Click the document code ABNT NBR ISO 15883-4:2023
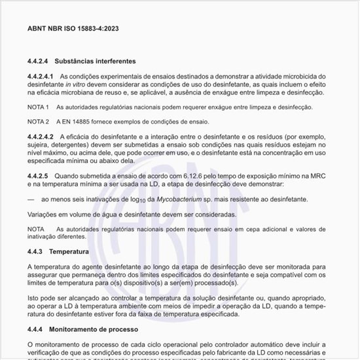[x=73, y=29]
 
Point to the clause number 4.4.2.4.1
[x=40, y=77]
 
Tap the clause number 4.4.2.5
[x=38, y=176]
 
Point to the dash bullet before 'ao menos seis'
[x=31, y=199]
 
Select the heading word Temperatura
[x=69, y=251]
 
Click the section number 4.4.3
[x=35, y=251]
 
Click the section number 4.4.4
[x=35, y=328]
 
